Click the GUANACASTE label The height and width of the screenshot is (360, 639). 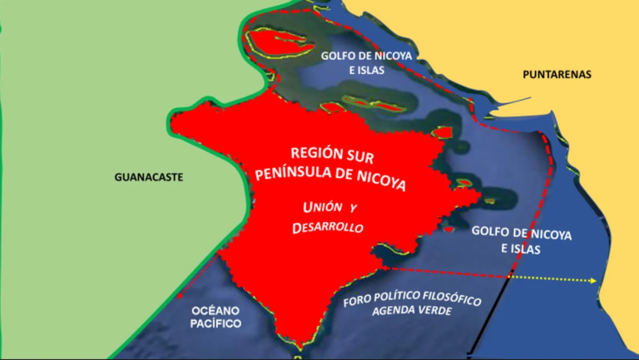149,177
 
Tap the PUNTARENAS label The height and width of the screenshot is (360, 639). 557,75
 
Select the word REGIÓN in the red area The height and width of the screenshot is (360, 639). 320,155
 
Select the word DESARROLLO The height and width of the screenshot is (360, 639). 329,226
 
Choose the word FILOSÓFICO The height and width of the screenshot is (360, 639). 458,301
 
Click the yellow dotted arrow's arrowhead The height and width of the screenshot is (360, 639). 594,281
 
